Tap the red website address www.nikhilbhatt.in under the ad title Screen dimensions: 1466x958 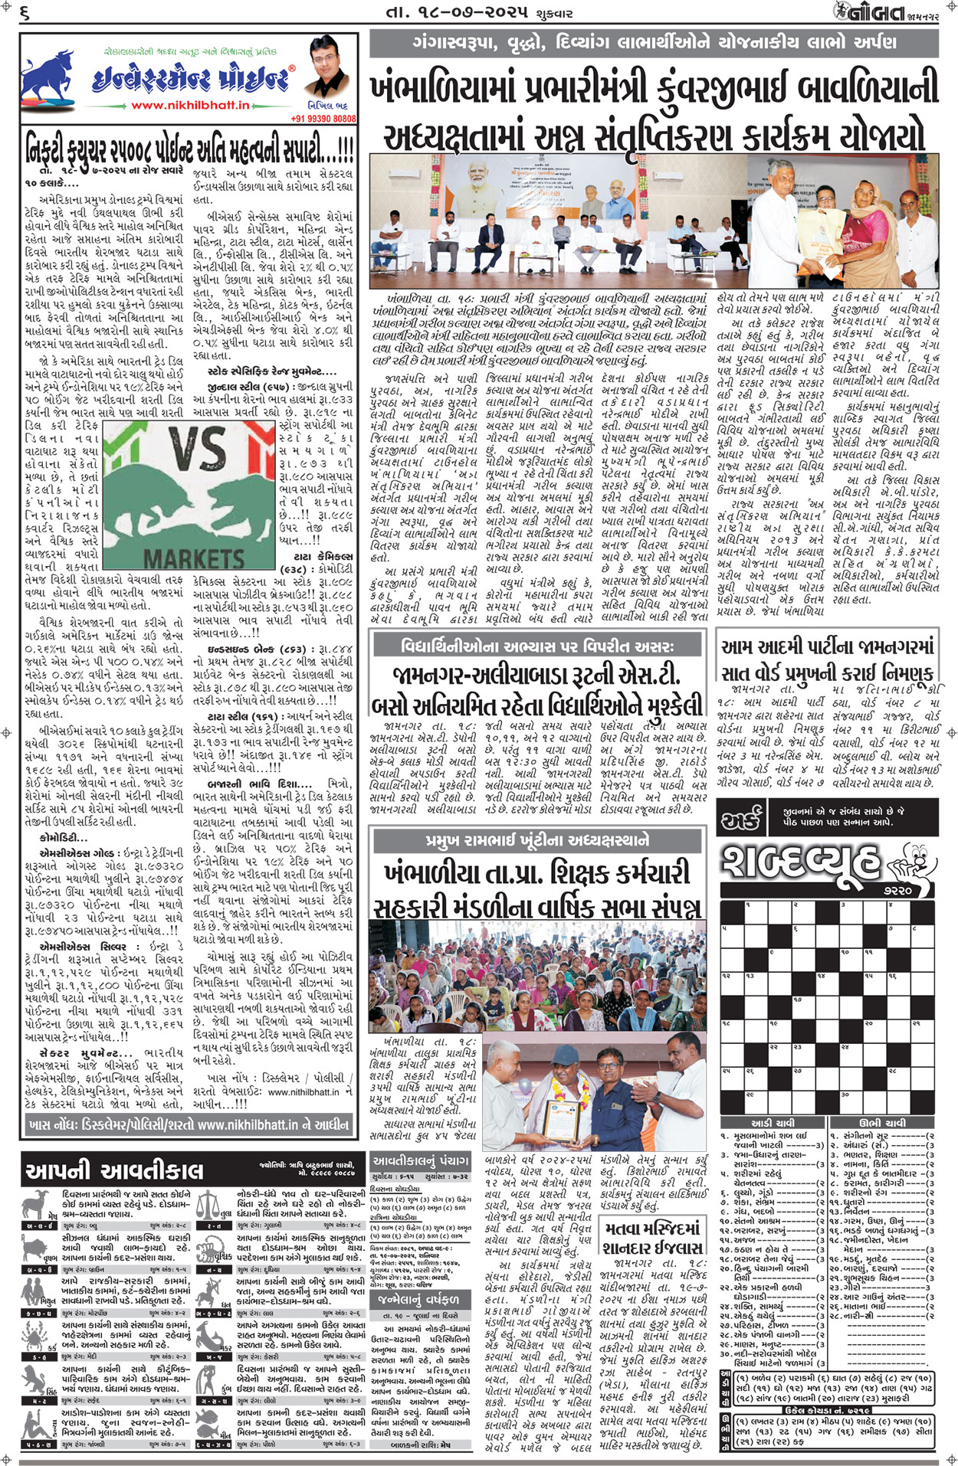(x=190, y=105)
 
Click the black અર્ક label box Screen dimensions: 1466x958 (x=742, y=821)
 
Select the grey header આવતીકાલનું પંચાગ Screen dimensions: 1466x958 (x=420, y=1160)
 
